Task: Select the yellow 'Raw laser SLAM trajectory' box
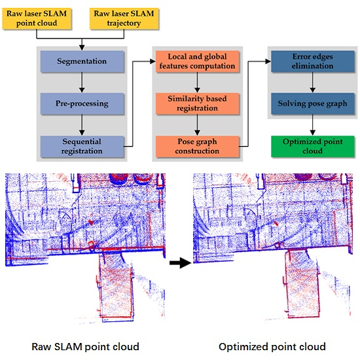click(x=123, y=19)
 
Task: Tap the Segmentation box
click(x=81, y=62)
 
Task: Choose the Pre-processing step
click(x=81, y=103)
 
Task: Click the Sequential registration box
click(x=81, y=145)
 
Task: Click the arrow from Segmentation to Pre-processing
click(x=81, y=82)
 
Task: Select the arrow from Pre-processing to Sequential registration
click(x=81, y=124)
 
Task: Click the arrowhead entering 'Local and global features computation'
click(x=151, y=60)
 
